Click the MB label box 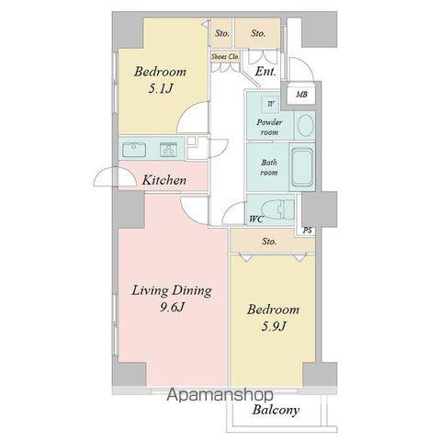point(301,94)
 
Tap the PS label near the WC point(307,230)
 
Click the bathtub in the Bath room point(302,167)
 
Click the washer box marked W point(271,104)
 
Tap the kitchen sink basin point(134,150)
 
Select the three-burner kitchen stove point(168,150)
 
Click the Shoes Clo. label point(225,57)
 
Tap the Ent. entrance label point(265,72)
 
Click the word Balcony point(276,411)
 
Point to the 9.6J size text point(172,307)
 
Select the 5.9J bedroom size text point(274,326)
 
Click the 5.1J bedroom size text point(161,89)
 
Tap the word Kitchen point(164,180)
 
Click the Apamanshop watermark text point(220,395)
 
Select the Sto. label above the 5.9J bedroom point(269,242)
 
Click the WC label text point(256,220)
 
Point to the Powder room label point(269,128)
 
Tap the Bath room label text point(269,167)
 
